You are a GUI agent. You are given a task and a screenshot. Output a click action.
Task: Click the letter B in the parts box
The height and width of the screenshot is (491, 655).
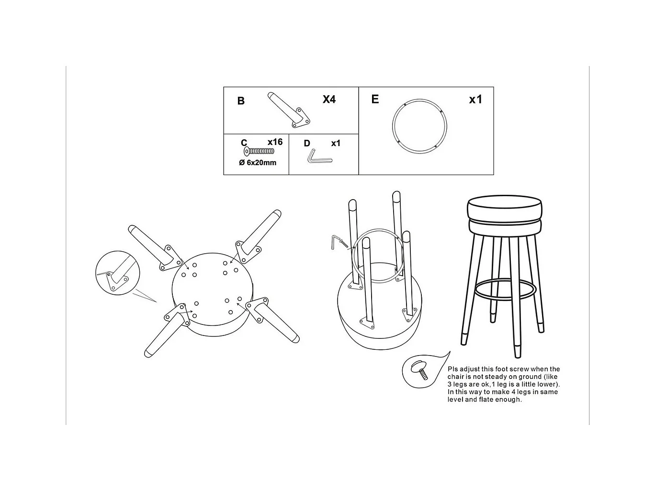pos(241,101)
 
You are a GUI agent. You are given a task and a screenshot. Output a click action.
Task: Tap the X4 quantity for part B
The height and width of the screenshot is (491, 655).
pos(329,99)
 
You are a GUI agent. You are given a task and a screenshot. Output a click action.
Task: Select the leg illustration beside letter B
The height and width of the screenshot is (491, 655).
pos(289,110)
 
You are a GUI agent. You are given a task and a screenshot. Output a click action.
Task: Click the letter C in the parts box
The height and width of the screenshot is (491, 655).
pos(244,143)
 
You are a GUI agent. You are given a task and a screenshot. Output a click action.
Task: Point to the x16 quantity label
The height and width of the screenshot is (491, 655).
pos(275,142)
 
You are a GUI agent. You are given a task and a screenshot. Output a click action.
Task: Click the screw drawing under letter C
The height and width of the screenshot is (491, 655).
pos(259,151)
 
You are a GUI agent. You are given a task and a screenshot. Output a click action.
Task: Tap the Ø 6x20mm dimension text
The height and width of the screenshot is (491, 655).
pos(258,163)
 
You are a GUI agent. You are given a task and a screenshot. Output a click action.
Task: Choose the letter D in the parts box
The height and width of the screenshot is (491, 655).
pos(307,144)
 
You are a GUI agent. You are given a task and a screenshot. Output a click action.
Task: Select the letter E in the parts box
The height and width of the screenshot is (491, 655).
pos(375,99)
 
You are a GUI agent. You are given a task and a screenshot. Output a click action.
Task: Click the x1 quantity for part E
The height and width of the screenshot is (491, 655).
pos(475,99)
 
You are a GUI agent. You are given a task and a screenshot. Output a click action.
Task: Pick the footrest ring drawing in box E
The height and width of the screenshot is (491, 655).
pos(393,126)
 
